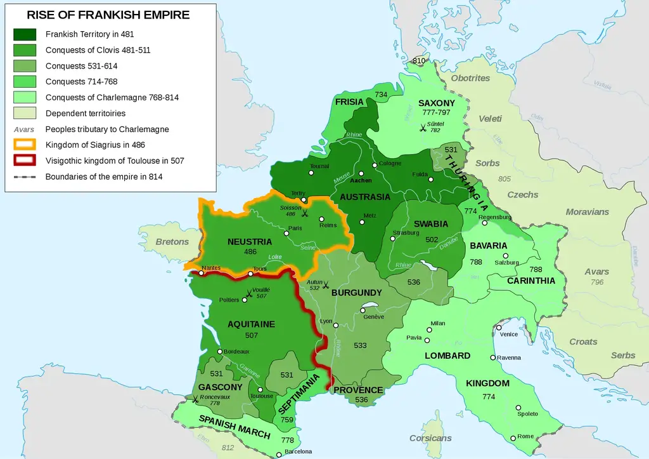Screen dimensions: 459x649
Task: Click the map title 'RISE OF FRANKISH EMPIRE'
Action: pos(108,15)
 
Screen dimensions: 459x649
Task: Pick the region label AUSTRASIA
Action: pos(365,197)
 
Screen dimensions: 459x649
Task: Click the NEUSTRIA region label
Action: pos(249,242)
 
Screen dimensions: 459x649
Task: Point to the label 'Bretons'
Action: pos(172,242)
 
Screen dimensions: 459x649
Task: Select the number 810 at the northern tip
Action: pos(419,61)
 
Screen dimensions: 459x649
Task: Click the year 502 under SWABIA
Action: pos(432,239)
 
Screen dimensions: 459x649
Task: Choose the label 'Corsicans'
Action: pos(430,438)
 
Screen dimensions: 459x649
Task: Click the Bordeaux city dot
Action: pos(220,352)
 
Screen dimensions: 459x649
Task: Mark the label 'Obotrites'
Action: pos(470,78)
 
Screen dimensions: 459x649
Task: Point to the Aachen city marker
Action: pos(361,173)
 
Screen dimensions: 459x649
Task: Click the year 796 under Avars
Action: pos(596,283)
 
